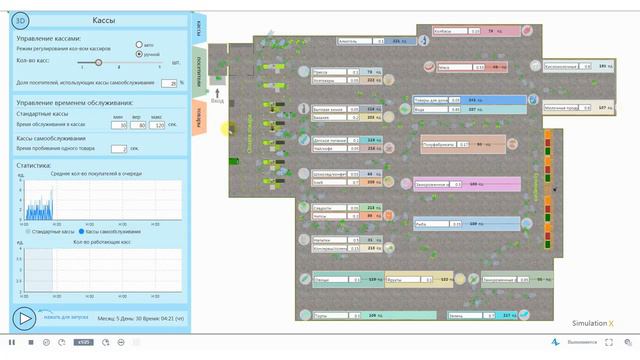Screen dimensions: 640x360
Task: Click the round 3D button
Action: pos(22,19)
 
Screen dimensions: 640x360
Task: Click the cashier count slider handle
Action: pos(97,62)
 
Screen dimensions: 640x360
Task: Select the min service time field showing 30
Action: pos(120,125)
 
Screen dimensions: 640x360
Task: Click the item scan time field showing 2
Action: pos(121,148)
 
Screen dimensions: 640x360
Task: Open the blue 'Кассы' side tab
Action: pos(199,27)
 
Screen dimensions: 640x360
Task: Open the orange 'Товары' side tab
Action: pos(199,119)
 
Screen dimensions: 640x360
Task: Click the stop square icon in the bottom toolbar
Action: pos(30,343)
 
